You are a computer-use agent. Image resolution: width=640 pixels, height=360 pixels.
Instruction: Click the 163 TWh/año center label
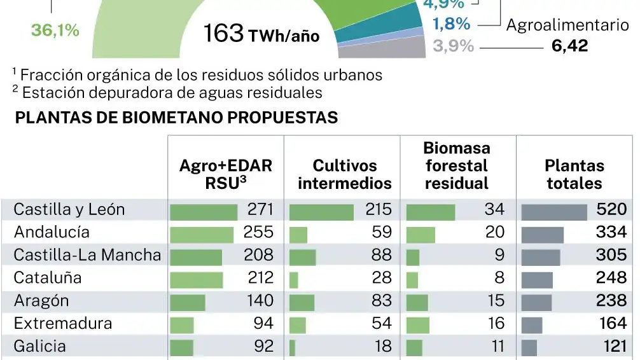(x=261, y=34)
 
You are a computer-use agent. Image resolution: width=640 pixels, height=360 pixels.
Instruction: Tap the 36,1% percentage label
(x=55, y=30)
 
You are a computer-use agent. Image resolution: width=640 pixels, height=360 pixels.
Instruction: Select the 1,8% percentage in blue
(x=452, y=25)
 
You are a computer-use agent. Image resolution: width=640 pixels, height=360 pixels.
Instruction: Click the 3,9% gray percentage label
(x=453, y=46)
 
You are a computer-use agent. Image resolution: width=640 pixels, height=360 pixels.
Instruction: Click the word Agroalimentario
(x=567, y=25)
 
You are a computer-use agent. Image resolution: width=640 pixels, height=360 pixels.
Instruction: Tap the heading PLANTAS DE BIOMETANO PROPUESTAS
(x=176, y=118)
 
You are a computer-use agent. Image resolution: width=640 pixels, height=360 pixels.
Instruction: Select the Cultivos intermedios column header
(x=344, y=174)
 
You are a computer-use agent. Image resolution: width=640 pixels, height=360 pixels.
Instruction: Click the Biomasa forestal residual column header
(x=456, y=166)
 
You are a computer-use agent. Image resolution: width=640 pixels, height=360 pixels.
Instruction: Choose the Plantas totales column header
(x=574, y=174)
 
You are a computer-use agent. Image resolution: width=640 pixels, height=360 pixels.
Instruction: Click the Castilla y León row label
(x=69, y=209)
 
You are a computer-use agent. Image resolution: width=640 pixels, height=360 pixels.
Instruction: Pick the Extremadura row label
(x=63, y=323)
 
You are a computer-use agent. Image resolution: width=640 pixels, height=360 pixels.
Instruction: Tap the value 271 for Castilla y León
(x=258, y=209)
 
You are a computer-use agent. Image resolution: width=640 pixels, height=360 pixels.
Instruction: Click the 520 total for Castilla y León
(x=611, y=209)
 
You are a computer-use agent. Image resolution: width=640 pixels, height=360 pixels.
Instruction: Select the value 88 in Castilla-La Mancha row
(x=382, y=255)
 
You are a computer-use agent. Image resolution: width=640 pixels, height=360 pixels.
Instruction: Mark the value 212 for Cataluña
(x=258, y=278)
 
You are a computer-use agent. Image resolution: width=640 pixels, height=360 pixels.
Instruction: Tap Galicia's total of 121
(x=613, y=347)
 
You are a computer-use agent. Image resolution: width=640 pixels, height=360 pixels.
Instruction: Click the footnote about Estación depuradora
(x=167, y=92)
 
